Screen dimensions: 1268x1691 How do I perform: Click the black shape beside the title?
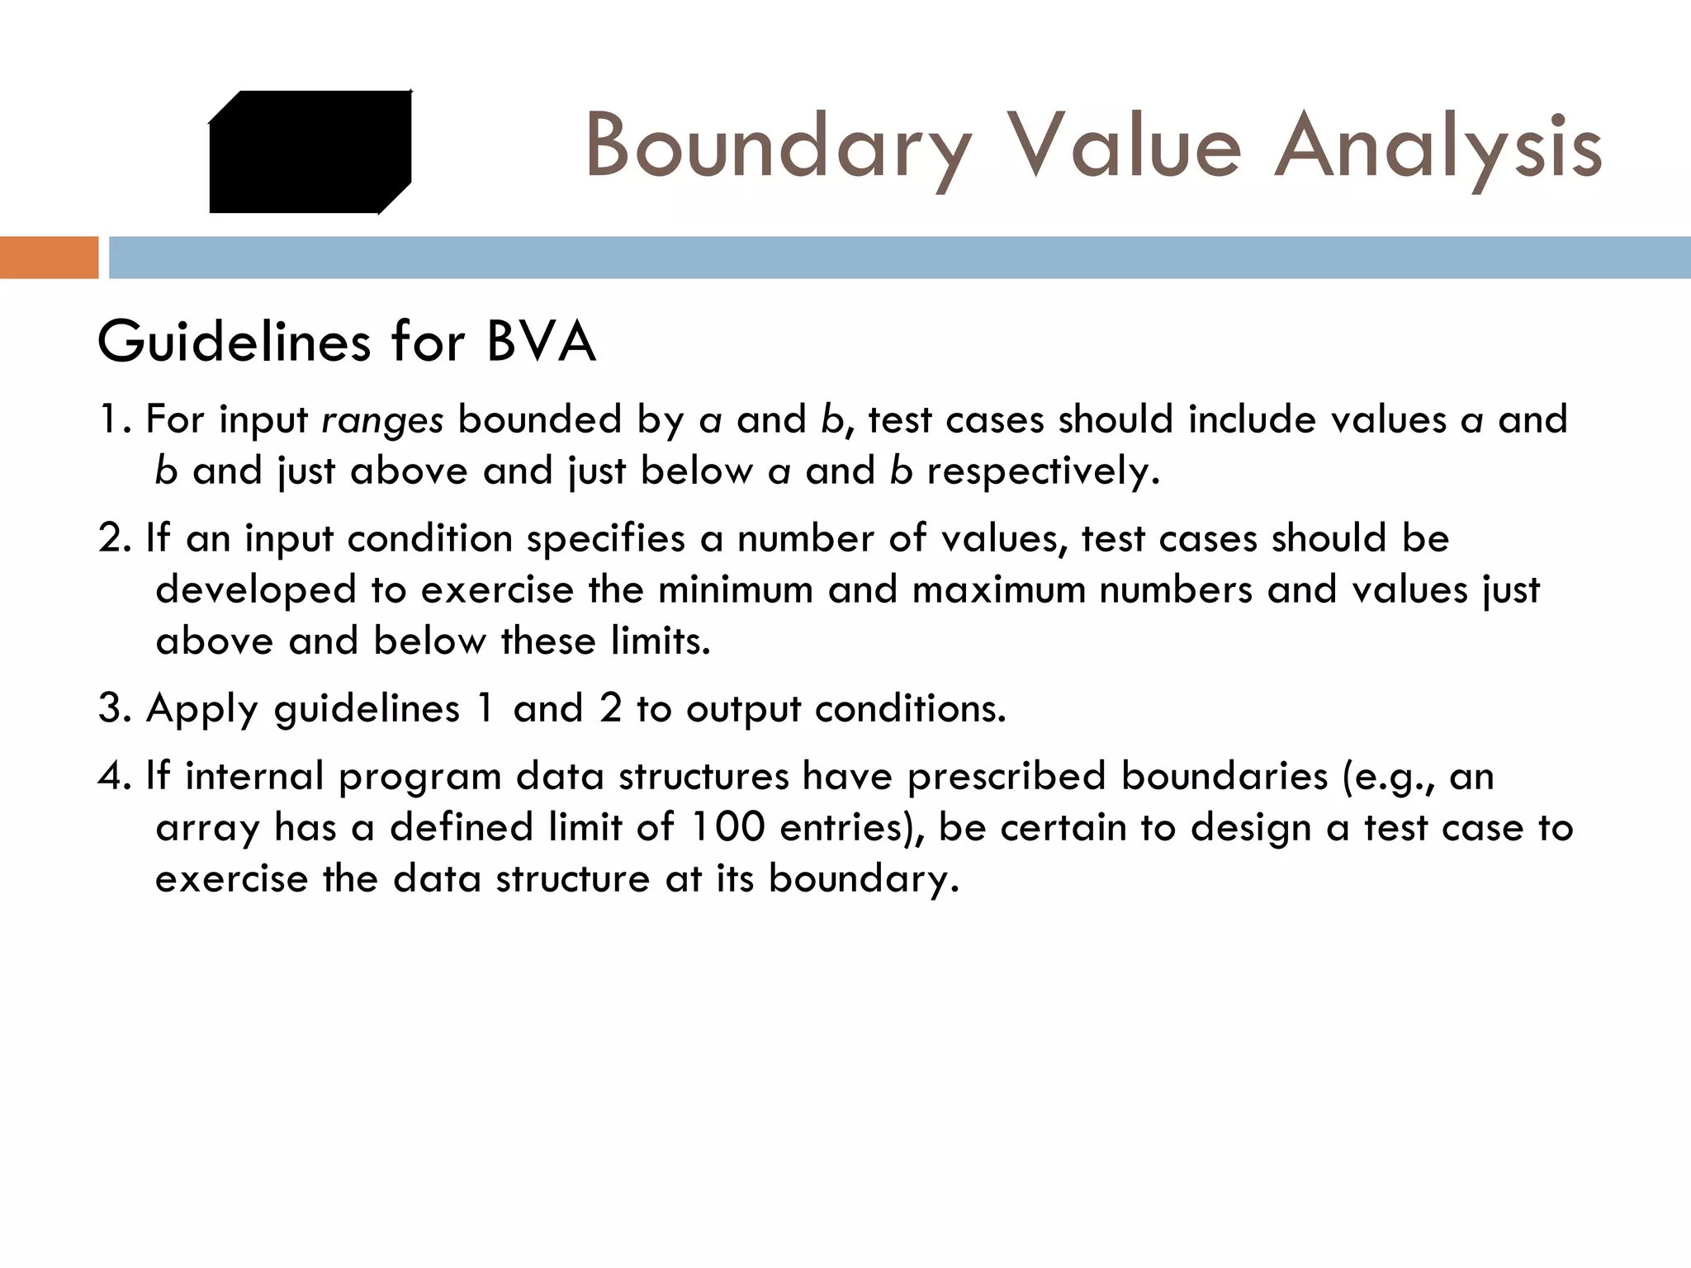coord(310,152)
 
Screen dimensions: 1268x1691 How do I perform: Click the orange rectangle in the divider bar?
coord(49,257)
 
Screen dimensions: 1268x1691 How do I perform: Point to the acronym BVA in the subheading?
coord(541,342)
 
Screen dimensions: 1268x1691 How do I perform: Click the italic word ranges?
coord(382,421)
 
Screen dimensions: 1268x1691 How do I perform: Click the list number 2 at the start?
coord(111,538)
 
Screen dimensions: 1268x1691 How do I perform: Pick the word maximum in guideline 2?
coord(998,590)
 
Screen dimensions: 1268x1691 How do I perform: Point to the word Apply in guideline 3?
coord(202,709)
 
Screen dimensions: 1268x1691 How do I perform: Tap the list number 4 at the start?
coord(111,776)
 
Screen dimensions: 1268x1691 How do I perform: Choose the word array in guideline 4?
coord(207,829)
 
